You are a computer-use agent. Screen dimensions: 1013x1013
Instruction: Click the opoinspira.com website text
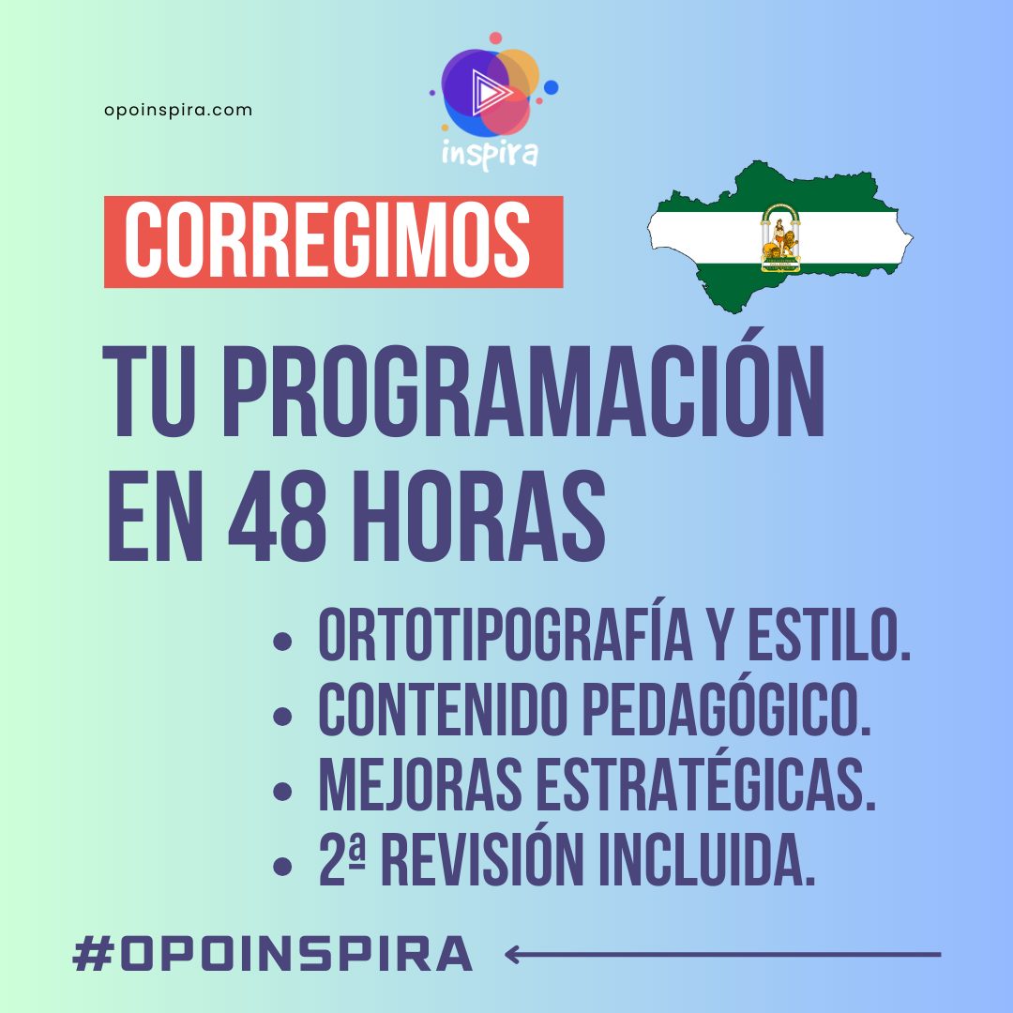tap(178, 110)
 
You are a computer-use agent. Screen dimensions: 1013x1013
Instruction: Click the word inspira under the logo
tap(490, 152)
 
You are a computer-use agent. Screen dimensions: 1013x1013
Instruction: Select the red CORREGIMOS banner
tap(333, 241)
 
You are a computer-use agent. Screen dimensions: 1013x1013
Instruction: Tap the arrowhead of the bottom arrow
tap(512, 955)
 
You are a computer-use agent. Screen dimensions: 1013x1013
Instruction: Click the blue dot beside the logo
tap(551, 87)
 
